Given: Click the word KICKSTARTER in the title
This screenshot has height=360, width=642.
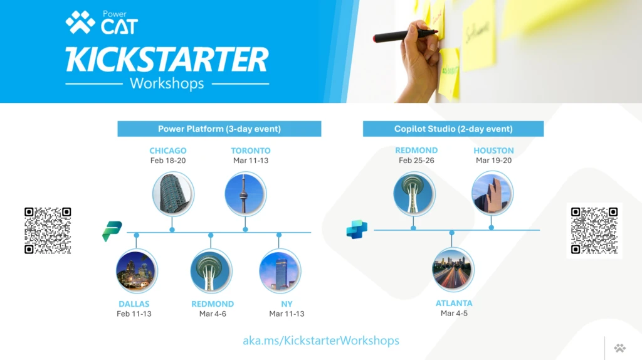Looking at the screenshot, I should click(x=167, y=60).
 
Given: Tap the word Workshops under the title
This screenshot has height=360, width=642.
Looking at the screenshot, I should click(x=167, y=83).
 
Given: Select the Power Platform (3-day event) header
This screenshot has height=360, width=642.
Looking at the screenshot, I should click(x=219, y=129).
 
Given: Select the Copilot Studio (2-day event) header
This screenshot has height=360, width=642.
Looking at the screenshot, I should click(x=453, y=129).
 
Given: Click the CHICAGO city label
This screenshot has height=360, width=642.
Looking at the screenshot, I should click(x=168, y=151).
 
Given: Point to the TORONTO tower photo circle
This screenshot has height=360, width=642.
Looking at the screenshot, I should click(x=245, y=194).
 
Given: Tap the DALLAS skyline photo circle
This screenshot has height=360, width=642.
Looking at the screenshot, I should click(x=137, y=270).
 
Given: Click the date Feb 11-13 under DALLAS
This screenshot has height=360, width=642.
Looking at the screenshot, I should click(x=134, y=314).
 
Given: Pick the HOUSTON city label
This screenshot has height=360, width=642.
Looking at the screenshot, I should click(x=493, y=151).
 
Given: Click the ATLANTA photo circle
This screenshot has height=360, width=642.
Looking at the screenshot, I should click(x=453, y=270).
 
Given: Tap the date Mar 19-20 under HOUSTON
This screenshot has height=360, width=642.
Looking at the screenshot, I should click(x=493, y=161).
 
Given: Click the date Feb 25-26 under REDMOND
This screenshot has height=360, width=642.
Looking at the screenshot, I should click(x=416, y=161).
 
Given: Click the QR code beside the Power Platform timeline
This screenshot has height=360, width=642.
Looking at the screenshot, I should click(x=48, y=230).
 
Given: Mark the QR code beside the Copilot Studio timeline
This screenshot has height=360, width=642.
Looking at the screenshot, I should click(x=594, y=230).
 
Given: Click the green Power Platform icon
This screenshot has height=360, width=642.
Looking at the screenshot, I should click(x=112, y=231).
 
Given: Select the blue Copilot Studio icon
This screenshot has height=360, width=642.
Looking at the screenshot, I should click(x=357, y=230).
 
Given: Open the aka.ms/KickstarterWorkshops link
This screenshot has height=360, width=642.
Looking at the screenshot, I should click(x=321, y=341).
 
